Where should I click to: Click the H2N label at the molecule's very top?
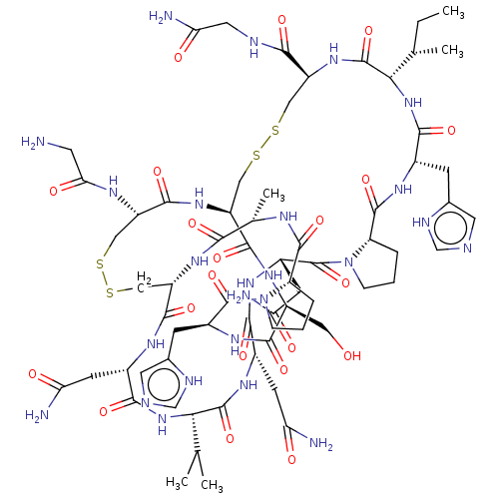coord(161,16)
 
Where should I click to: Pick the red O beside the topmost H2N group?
coord(180,57)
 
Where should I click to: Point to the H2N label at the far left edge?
coord(34,143)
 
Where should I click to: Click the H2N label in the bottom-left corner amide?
coord(37,415)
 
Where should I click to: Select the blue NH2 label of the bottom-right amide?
coord(320,442)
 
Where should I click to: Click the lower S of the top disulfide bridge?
coord(255,158)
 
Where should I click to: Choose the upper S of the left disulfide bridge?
coord(100,265)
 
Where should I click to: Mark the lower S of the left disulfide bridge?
coord(112,292)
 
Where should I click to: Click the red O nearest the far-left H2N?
coord(70,186)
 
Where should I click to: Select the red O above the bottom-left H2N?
coord(33,376)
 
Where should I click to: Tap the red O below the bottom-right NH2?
coord(292,460)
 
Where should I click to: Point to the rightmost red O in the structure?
coord(451,131)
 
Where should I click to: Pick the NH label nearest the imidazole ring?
coord(402,190)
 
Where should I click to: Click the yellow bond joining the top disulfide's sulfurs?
coord(265,144)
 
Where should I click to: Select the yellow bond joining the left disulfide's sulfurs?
coord(106,279)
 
